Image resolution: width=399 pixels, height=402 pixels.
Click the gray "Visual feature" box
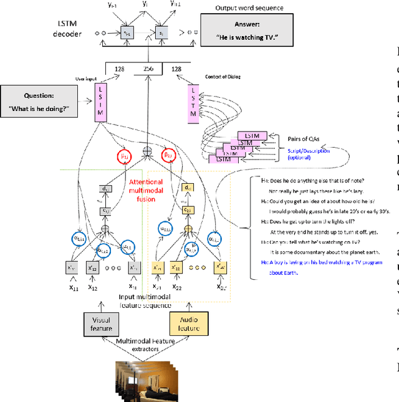click(102, 322)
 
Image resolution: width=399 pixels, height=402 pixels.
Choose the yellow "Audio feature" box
click(188, 322)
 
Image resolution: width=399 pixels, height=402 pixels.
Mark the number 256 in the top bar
click(148, 69)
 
